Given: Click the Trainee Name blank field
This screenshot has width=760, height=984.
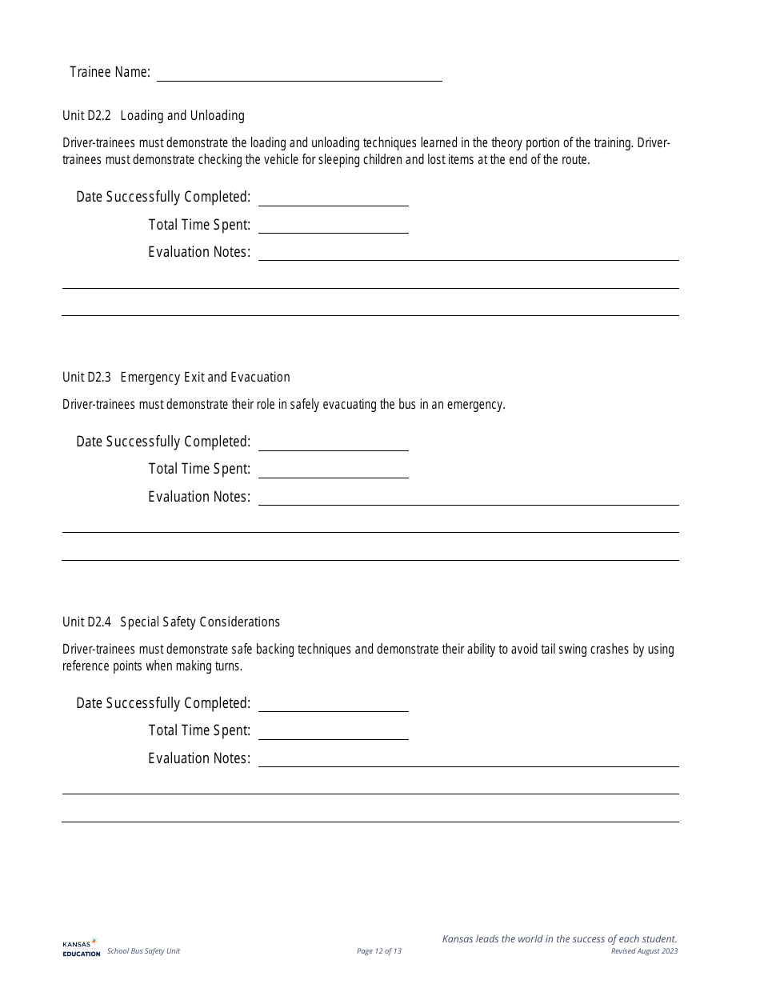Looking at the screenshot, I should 299,73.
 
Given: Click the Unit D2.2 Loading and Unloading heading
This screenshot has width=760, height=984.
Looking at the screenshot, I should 154,116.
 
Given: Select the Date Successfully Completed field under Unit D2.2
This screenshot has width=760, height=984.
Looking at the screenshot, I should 333,197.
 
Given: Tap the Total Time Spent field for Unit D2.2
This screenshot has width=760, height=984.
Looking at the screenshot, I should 333,225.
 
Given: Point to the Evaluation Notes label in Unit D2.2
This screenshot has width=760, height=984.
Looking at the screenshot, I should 199,252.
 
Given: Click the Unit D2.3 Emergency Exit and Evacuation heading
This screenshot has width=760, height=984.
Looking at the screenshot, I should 176,378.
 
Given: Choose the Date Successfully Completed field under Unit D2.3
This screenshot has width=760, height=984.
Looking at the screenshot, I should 333,442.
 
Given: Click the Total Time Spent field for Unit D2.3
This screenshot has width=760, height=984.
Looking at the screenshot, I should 333,470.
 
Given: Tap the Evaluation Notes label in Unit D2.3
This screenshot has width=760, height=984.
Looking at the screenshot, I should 199,497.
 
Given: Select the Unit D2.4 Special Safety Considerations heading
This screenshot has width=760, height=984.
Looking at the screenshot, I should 171,622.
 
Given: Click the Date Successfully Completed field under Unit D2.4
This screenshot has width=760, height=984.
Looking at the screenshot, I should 333,703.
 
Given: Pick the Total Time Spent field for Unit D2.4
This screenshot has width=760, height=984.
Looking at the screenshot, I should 333,730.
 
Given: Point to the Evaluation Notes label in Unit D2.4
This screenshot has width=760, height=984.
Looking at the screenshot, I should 199,758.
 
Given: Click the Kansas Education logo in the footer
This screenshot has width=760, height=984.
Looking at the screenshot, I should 81,947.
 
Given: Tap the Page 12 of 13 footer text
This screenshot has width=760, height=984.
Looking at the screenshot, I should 379,951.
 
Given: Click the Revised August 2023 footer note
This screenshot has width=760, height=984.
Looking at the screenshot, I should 644,951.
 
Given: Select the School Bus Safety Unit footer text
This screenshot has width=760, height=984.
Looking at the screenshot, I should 144,951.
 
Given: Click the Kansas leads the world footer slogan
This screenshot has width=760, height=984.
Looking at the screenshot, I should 559,939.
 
